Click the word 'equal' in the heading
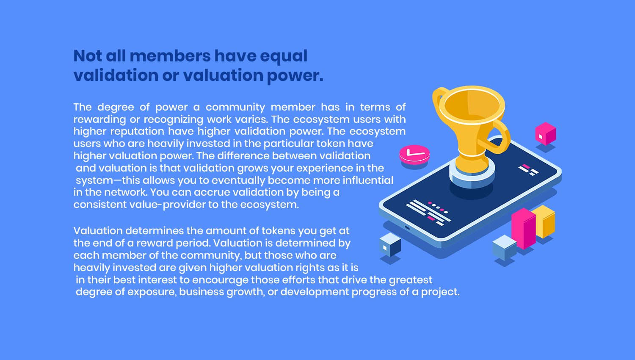tap(284, 56)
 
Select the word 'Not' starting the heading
tap(88, 56)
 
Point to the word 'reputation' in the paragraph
tap(137, 132)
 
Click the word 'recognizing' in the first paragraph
tap(174, 120)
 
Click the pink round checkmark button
tap(414, 155)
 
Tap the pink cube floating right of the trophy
tap(545, 133)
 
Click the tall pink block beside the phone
tap(523, 228)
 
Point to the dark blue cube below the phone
tap(390, 244)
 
